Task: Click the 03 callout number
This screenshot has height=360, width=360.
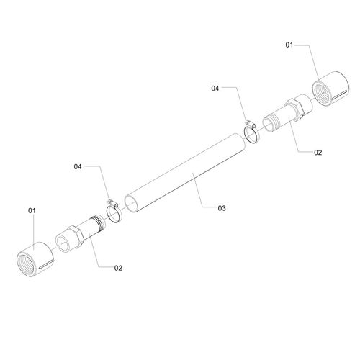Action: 222,208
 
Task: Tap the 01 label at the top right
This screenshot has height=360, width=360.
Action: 289,45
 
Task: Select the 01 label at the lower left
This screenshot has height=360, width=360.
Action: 32,210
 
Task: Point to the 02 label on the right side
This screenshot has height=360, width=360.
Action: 318,153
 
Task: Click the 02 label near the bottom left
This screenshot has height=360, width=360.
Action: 118,268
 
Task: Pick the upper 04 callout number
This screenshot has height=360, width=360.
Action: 215,89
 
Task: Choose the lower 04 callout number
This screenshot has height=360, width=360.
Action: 78,166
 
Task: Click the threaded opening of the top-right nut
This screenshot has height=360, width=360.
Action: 323,93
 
